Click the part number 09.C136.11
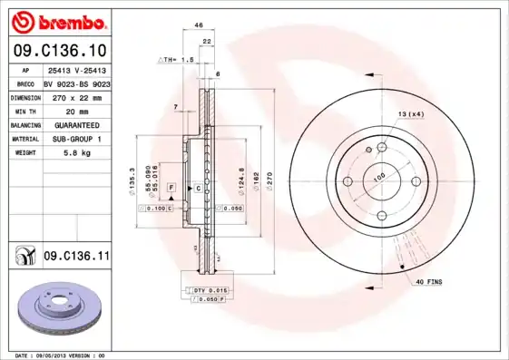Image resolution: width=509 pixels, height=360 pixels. [x=76, y=258]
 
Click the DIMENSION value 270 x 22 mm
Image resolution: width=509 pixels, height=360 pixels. [x=75, y=96]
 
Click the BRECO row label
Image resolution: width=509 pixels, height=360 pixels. [x=25, y=83]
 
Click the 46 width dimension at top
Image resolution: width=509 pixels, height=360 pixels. [x=199, y=27]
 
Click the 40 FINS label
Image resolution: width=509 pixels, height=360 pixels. [x=429, y=283]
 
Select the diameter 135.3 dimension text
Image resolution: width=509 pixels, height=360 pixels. [x=132, y=180]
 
